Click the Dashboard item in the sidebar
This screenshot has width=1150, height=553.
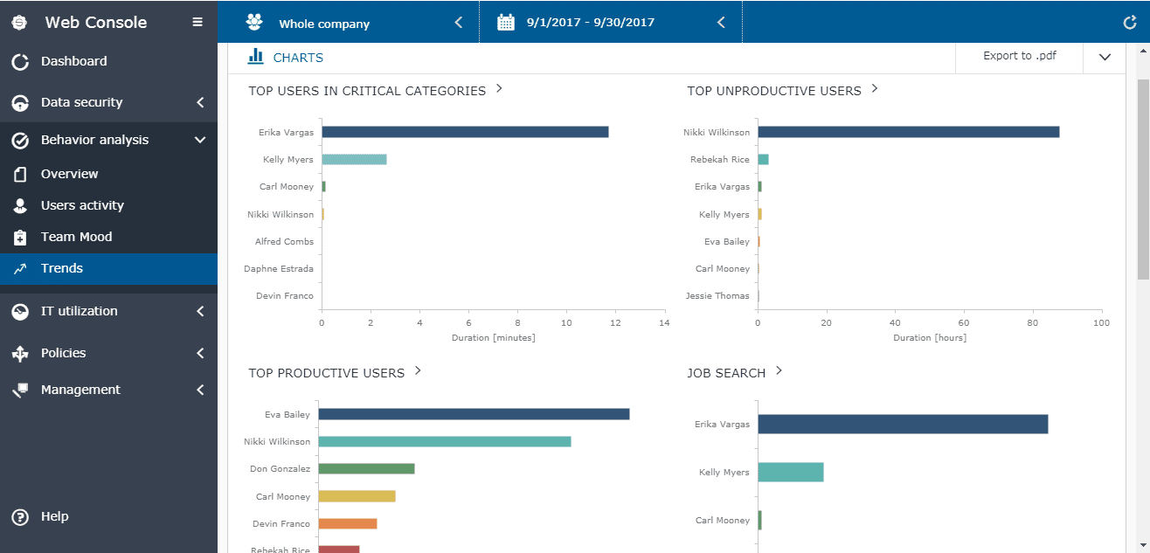73,61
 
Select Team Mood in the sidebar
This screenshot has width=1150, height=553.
76,237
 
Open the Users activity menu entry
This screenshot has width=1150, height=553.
82,205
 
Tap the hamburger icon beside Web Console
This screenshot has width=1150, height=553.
197,23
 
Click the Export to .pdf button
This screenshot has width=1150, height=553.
1019,56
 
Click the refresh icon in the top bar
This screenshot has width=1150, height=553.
1129,23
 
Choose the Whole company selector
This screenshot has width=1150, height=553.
324,24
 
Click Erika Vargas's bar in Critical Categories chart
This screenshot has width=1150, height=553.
465,132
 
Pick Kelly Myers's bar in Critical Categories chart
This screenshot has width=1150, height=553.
354,159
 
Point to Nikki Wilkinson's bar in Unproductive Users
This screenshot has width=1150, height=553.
908,132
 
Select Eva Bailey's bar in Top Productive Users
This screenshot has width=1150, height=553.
474,414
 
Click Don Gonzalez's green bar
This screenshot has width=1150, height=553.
366,468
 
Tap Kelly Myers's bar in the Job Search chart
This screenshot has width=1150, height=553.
790,472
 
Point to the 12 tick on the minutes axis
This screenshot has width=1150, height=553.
616,323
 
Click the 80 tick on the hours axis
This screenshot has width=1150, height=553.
1033,323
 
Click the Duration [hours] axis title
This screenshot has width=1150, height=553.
930,337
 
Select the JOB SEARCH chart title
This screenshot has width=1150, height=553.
726,373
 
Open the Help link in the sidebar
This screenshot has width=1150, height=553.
54,516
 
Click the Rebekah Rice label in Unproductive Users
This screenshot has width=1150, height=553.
719,160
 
